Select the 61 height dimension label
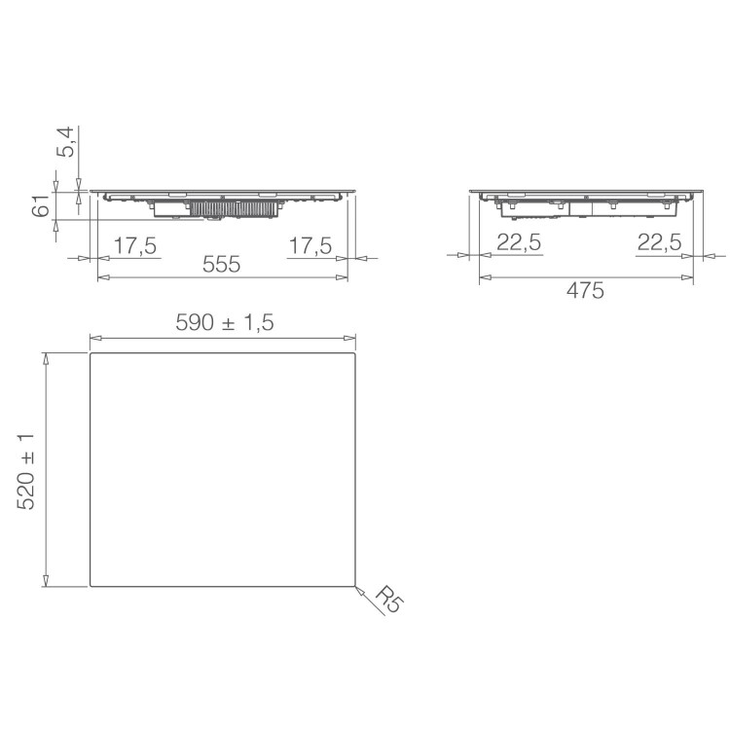(x=42, y=207)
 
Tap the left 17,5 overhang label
(x=135, y=246)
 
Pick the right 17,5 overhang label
(x=310, y=246)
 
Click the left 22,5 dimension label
(x=519, y=243)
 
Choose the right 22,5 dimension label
(x=659, y=243)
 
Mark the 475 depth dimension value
(x=585, y=290)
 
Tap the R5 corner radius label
(x=386, y=598)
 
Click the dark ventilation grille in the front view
(x=235, y=208)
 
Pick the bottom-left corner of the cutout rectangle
(x=91, y=586)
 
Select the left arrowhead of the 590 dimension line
(x=94, y=339)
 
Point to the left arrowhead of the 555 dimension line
(x=102, y=277)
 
